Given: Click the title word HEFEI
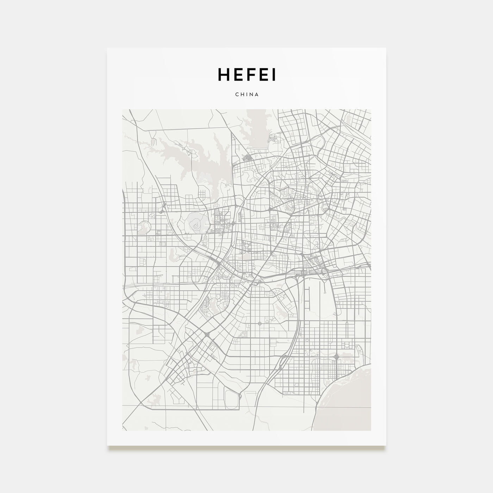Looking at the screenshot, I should (246, 74).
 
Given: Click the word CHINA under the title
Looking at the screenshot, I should (246, 95).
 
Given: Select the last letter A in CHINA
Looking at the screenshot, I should (257, 95).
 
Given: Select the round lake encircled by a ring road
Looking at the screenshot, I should (144, 227).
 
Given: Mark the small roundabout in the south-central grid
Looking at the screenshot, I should (260, 323).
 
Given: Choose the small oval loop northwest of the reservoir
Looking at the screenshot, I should (154, 142).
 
